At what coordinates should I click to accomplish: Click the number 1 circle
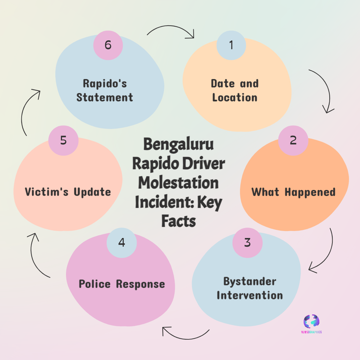231,45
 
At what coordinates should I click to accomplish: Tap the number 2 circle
293,140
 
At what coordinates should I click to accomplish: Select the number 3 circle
247,243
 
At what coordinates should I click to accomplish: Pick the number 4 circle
122,243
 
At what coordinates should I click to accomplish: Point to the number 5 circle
63,140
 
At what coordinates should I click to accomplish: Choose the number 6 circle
108,45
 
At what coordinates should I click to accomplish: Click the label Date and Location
235,90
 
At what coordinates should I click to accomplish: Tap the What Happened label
293,192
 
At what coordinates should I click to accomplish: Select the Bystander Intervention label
250,288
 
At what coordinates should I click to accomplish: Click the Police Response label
122,284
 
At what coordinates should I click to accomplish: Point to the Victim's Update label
68,192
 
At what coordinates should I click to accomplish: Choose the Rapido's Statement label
105,90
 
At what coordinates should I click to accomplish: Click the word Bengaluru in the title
178,145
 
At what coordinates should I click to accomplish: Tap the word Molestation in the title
178,183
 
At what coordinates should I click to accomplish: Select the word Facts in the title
178,221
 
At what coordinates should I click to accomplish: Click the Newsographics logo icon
312,321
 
